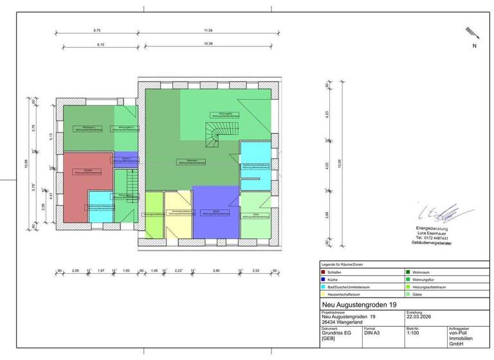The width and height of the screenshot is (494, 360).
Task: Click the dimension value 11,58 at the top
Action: pos(208,30)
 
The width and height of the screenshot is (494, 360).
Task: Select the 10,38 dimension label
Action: pos(208,44)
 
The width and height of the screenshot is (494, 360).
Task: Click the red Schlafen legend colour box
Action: pos(323,273)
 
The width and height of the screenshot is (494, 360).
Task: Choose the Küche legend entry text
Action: pos(333,280)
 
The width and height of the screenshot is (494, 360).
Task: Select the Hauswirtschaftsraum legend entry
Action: pos(347,294)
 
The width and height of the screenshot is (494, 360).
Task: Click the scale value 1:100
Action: pos(413,334)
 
